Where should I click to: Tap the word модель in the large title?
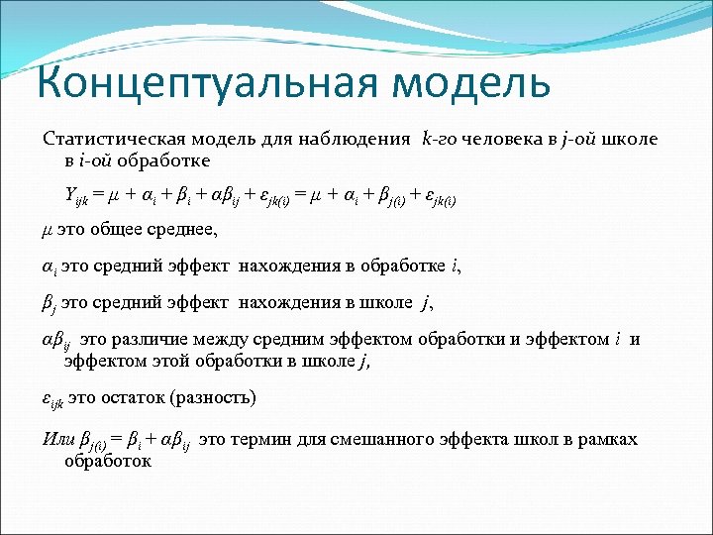tap(472, 81)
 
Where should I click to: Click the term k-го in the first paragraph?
tap(439, 140)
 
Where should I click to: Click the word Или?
tap(58, 439)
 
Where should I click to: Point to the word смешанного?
tap(392, 439)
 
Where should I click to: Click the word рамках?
tap(609, 439)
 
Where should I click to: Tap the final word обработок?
tap(107, 461)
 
